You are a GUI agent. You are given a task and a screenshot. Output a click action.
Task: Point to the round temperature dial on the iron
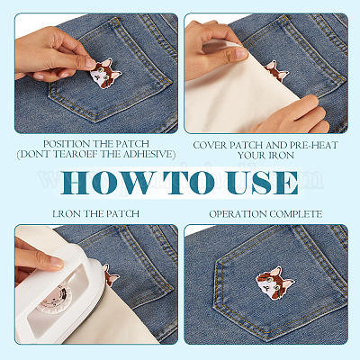tap(56, 300)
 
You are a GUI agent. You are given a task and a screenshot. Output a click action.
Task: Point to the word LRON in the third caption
tap(67, 214)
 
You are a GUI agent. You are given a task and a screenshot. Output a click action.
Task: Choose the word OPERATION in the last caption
tap(238, 214)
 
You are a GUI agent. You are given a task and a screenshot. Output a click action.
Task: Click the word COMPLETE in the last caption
tap(295, 214)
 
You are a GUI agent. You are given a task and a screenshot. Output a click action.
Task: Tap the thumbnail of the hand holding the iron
tap(39, 257)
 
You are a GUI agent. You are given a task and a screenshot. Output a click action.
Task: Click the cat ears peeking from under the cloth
tap(276, 71)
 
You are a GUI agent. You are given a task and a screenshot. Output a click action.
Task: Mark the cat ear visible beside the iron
tap(111, 275)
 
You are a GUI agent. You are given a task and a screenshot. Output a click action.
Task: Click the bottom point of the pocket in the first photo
tap(94, 121)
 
